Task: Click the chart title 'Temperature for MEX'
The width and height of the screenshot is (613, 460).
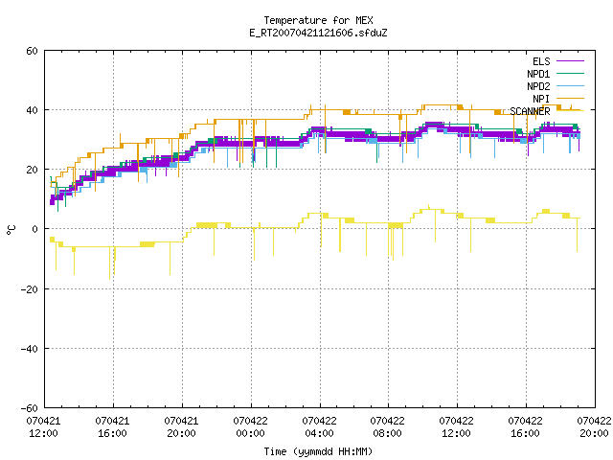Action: pos(318,20)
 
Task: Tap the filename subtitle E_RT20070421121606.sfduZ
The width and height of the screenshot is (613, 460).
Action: pos(318,33)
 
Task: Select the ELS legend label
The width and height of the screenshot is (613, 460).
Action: pos(541,61)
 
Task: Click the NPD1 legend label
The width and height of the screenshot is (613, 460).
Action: pos(538,74)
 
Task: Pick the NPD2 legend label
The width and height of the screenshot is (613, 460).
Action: pos(538,86)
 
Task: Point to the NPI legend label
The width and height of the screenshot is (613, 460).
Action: pos(541,99)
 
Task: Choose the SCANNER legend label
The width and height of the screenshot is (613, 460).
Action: pos(530,111)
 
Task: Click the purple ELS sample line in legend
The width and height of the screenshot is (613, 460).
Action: pos(570,61)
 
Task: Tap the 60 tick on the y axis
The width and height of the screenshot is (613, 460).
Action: pos(32,51)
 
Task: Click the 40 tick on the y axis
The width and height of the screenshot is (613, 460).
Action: pos(32,110)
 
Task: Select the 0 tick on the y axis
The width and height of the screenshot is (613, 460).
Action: pos(34,229)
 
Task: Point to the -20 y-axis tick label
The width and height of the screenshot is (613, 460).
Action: pos(30,289)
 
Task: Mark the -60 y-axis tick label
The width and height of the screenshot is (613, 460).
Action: pos(30,408)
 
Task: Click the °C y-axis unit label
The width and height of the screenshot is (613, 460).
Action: pos(11,230)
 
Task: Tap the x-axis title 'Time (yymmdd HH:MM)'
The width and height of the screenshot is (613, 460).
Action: pos(318,451)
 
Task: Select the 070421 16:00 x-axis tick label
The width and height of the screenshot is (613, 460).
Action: pos(112,427)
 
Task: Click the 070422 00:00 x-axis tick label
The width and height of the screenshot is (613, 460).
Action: pos(250,427)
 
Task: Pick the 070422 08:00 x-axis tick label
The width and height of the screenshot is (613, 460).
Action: pos(387,427)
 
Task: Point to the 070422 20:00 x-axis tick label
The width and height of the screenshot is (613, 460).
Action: pos(594,427)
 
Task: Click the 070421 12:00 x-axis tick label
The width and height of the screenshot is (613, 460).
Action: pos(43,427)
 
